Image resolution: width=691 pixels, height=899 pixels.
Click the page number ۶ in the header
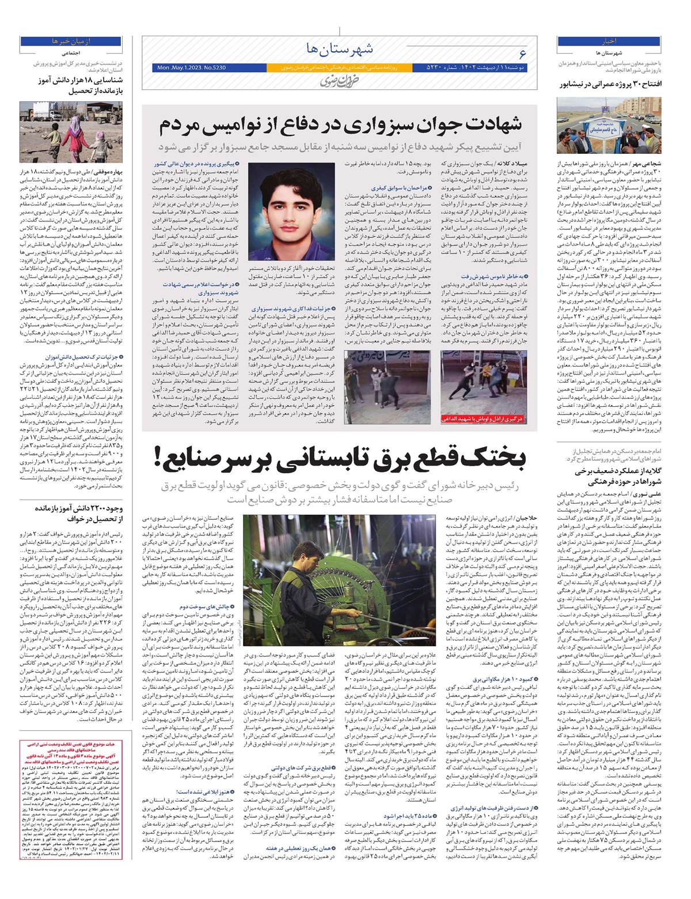point(522,54)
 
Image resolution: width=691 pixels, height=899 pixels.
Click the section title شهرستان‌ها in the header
point(340,48)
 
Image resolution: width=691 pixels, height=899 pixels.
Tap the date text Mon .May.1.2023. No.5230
point(191,68)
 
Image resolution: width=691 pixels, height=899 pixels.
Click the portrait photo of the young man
point(291,211)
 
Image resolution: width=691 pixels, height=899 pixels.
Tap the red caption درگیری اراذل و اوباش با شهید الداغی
point(482,419)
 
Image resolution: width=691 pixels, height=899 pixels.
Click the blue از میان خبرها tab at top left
point(71,41)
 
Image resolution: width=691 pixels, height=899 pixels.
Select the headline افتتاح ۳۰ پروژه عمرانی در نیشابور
point(610,84)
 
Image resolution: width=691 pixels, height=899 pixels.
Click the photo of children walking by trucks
point(71,133)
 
